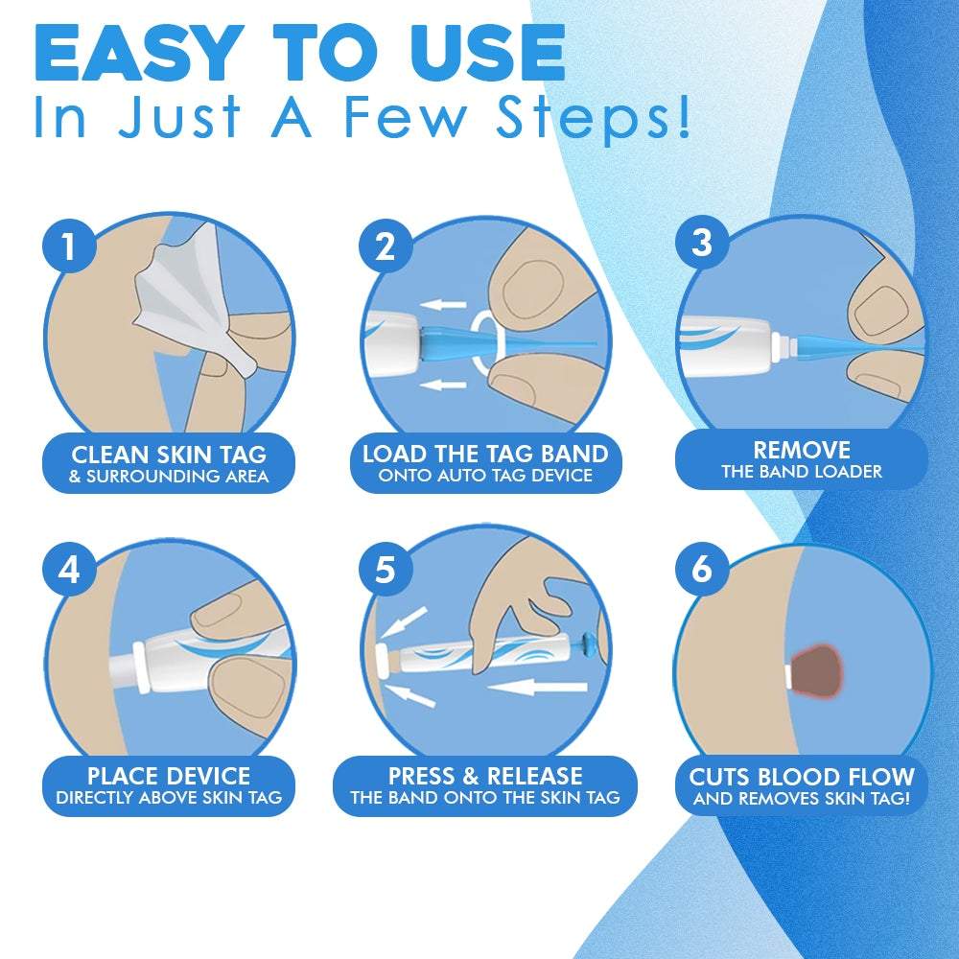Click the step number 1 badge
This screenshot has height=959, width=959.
[x=68, y=246]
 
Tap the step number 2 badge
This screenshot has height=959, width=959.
[x=386, y=246]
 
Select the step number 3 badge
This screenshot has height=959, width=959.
[x=702, y=243]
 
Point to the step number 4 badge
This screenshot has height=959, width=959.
[x=68, y=570]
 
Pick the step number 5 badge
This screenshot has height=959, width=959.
[x=386, y=570]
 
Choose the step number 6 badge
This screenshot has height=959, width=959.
[x=702, y=570]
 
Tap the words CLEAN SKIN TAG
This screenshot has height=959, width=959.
[x=169, y=454]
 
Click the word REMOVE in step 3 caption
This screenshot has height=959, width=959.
[x=802, y=450]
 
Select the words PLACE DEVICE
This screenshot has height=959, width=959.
[x=169, y=776]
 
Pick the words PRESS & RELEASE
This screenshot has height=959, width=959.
[x=485, y=776]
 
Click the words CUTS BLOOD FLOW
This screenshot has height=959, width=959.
[x=802, y=776]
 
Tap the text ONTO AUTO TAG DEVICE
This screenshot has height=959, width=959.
[x=485, y=475]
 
